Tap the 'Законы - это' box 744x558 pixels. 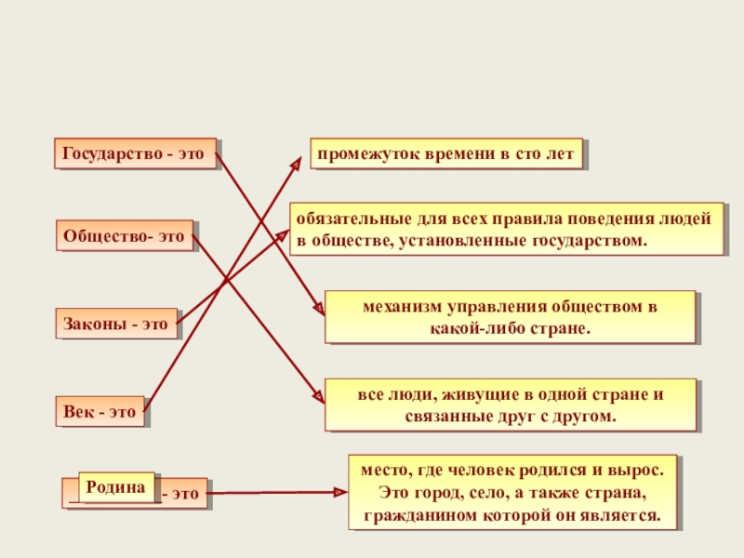(x=115, y=325)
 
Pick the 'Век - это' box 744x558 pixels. (x=99, y=410)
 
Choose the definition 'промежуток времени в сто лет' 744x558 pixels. (x=446, y=154)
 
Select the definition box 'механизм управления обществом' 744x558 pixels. (x=510, y=317)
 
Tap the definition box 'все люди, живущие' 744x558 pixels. (x=510, y=405)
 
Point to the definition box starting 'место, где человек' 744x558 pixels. (x=512, y=492)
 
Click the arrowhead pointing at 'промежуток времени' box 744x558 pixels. (x=297, y=161)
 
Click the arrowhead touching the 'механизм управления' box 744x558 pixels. (x=319, y=311)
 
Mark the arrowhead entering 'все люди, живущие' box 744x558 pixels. (x=319, y=397)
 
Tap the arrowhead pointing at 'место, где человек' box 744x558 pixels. (x=340, y=493)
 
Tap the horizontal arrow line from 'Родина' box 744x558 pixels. (x=270, y=493)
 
